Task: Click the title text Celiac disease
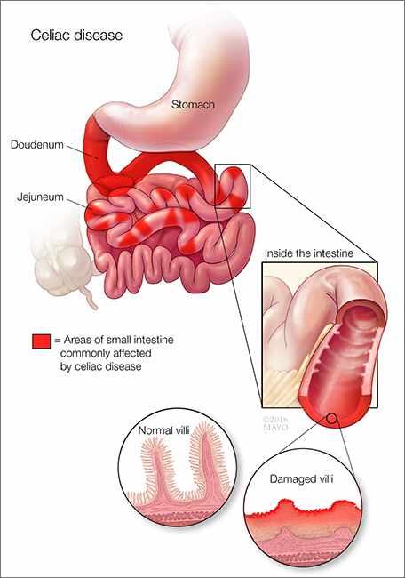tap(76, 36)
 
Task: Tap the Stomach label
tap(193, 105)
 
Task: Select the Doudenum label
tap(36, 144)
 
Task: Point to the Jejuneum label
tap(40, 197)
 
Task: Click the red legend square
tap(41, 341)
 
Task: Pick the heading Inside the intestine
tap(309, 253)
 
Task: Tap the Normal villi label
tap(163, 430)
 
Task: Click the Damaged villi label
tap(302, 478)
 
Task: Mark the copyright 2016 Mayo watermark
tap(275, 423)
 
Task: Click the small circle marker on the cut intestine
tap(331, 418)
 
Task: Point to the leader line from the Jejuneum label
tap(76, 203)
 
